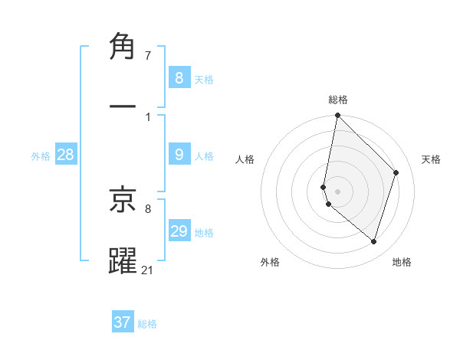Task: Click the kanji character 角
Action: point(123,47)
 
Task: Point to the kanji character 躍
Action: point(123,260)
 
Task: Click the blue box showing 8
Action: point(179,77)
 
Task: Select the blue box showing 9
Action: point(179,155)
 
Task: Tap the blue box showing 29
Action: point(179,231)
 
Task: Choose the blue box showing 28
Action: point(65,155)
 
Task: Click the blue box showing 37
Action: point(123,322)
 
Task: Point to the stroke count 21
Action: point(148,270)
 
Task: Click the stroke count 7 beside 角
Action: point(148,55)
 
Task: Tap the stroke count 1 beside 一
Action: point(148,116)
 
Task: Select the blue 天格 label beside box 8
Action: point(204,79)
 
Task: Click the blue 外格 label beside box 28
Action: point(41,155)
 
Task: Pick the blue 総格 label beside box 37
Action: point(147,324)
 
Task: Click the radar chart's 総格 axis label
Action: point(338,100)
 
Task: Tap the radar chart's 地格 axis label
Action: point(402,262)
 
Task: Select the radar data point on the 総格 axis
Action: point(337,116)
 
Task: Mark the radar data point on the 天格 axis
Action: point(396,172)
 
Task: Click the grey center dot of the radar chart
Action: point(337,191)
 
